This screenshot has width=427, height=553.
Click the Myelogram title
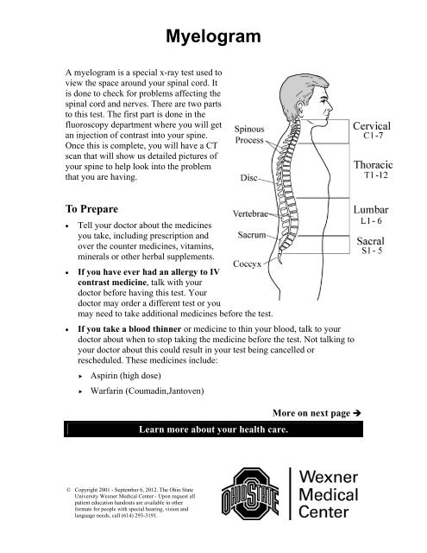(213, 37)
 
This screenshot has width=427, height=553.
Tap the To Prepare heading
(91, 209)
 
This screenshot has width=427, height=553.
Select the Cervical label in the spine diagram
(372, 126)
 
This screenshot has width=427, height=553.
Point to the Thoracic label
(374, 165)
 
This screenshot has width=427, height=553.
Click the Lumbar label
(371, 209)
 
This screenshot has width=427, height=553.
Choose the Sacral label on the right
(370, 241)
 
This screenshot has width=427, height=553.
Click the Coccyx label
(247, 264)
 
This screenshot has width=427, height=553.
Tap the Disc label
(249, 178)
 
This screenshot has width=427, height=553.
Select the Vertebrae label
(250, 213)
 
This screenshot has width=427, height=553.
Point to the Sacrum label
(252, 235)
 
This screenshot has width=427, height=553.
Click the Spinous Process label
(249, 135)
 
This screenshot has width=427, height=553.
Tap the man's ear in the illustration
(300, 109)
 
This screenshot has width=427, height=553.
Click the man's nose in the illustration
(330, 105)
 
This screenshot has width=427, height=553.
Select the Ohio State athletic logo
(250, 493)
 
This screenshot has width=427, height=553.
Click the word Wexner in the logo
(329, 477)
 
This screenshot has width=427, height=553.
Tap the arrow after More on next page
(356, 413)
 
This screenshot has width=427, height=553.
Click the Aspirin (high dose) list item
(126, 376)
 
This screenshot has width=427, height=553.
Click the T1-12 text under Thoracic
(376, 175)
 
